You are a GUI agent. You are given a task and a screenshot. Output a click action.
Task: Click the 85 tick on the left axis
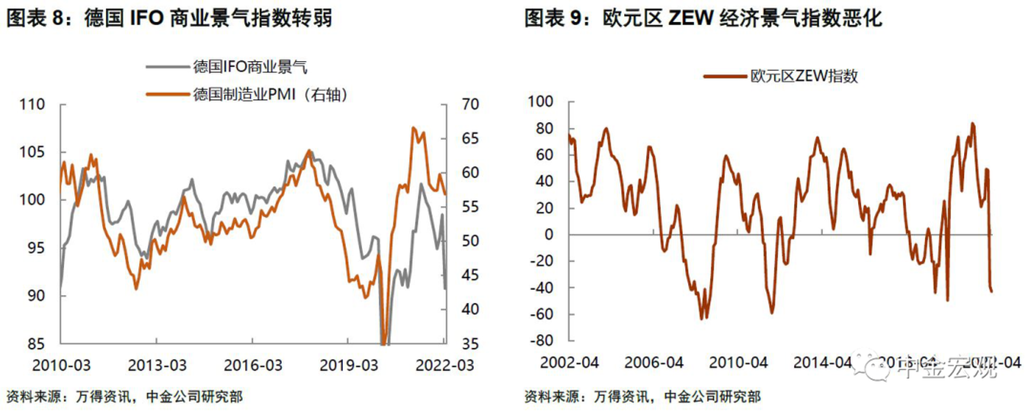pyautogui.click(x=37, y=344)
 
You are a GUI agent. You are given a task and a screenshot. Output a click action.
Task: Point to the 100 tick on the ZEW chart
pyautogui.click(x=548, y=101)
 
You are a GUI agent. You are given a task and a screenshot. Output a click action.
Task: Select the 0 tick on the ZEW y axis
pyautogui.click(x=558, y=235)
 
